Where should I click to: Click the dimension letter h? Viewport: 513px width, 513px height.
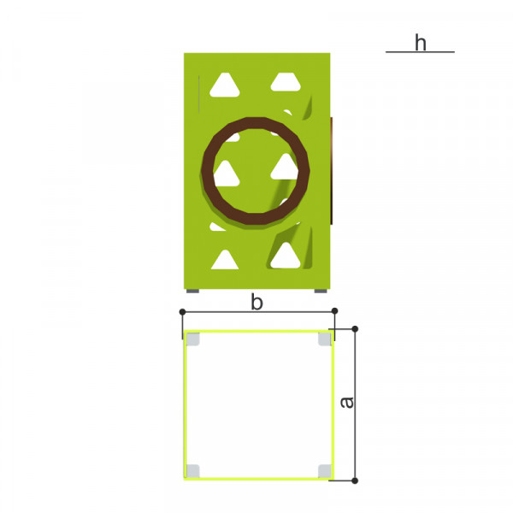(x=421, y=43)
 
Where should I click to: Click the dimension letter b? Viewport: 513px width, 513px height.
(x=256, y=302)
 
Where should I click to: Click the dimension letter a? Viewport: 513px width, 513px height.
(x=346, y=402)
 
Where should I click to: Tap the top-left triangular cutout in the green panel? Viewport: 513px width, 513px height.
(x=224, y=85)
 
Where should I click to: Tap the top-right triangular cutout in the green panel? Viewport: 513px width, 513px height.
(x=286, y=82)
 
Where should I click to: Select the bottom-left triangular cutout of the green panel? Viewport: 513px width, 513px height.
(x=224, y=260)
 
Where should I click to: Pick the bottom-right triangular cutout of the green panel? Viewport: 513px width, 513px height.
(x=286, y=256)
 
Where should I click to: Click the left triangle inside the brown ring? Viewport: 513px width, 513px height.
(x=227, y=174)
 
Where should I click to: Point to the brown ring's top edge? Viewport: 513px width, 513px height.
(x=256, y=122)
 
